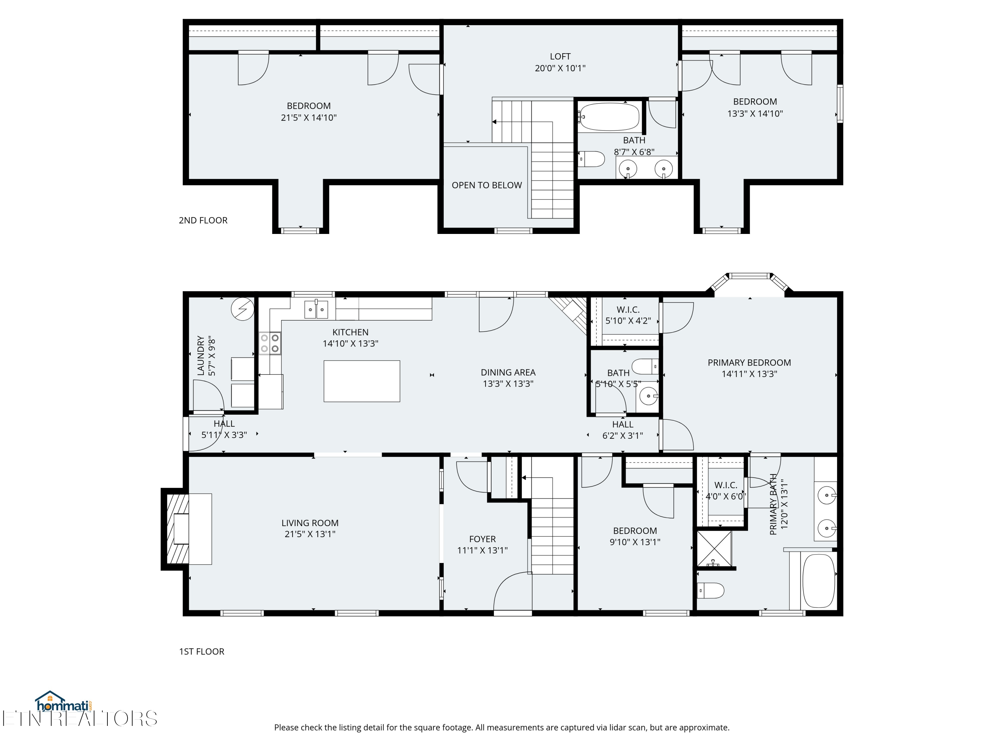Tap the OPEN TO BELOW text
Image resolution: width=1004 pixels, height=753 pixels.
click(x=487, y=185)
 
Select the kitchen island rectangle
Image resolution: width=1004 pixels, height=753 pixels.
click(x=361, y=381)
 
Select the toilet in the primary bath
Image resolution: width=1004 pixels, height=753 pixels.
click(x=710, y=590)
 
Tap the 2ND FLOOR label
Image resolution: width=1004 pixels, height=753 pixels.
click(x=203, y=221)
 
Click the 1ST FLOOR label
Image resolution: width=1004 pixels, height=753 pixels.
click(x=201, y=651)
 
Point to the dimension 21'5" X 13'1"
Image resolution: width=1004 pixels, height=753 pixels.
click(x=310, y=534)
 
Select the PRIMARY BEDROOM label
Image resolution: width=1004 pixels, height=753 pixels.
click(x=749, y=363)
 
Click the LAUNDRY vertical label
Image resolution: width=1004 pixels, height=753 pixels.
click(x=200, y=355)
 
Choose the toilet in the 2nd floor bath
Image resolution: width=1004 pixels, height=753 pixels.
click(x=592, y=159)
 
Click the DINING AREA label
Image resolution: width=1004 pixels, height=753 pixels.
click(x=508, y=372)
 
